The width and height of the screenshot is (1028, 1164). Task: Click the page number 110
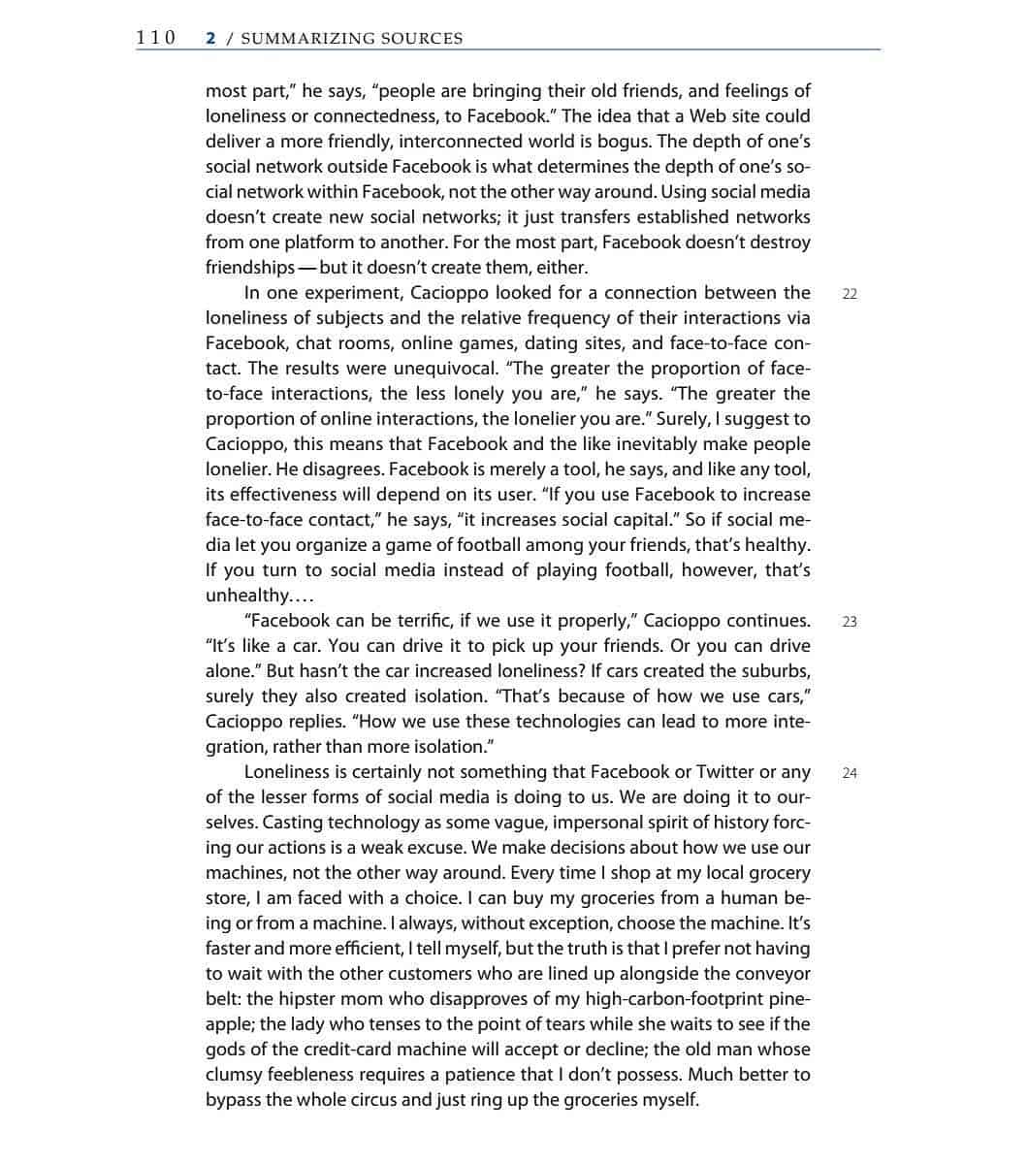[x=155, y=38]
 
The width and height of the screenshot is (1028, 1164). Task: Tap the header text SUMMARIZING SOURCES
[x=351, y=39]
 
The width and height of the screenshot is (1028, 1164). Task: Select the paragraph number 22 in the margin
[x=850, y=294]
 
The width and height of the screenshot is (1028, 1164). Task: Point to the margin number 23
[x=850, y=622]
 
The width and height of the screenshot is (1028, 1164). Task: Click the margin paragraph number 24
[x=850, y=773]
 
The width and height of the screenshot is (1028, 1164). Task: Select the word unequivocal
[x=446, y=368]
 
